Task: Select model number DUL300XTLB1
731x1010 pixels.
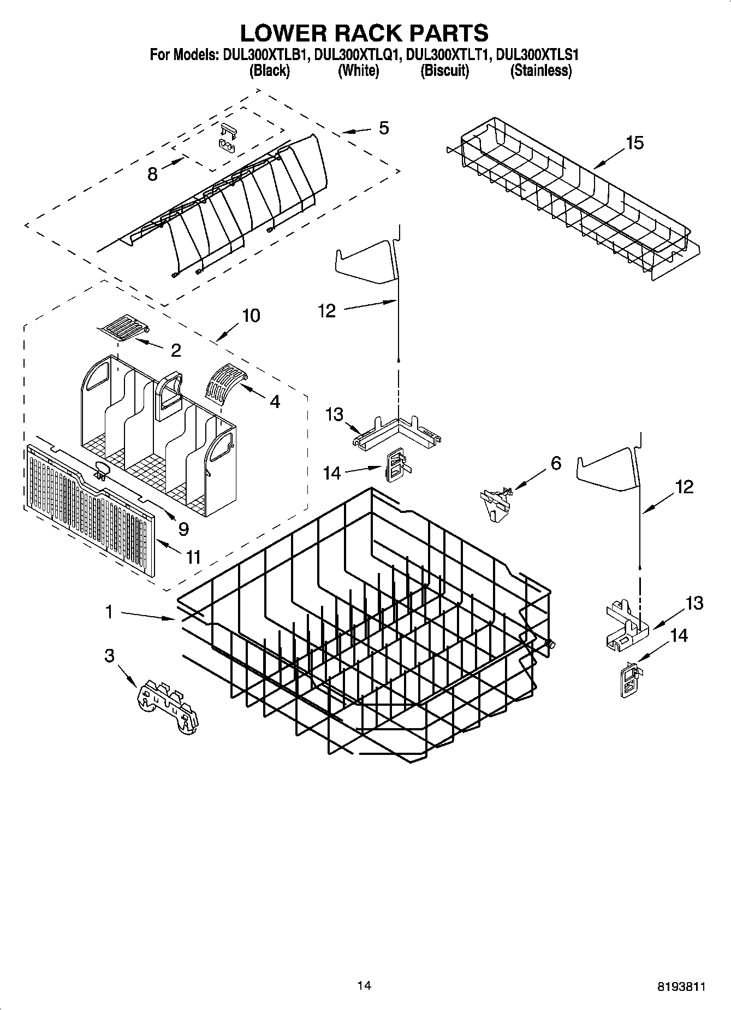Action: tap(266, 55)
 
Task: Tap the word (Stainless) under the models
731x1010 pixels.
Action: tap(540, 70)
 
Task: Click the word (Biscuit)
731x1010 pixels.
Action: tap(444, 70)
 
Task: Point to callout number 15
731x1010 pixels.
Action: tap(634, 143)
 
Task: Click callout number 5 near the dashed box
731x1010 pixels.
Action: tap(384, 128)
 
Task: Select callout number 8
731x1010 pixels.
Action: tap(152, 174)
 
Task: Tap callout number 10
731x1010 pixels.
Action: tap(251, 316)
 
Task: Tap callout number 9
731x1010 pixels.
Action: tap(183, 528)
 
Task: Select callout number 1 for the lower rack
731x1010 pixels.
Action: tap(109, 612)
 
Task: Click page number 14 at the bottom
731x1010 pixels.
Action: tap(364, 985)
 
